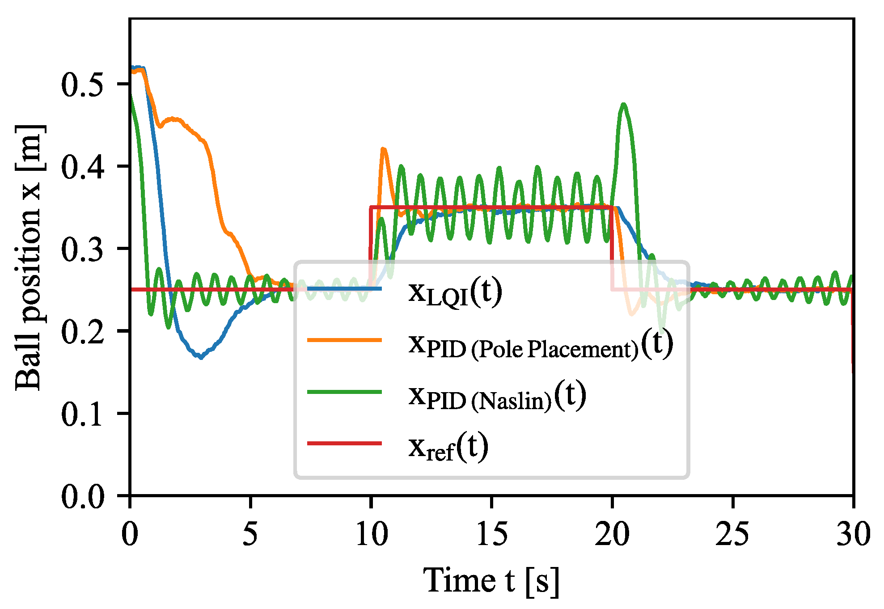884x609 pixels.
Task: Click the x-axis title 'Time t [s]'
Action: (491, 581)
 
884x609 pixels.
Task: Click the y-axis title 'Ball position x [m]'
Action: (30, 258)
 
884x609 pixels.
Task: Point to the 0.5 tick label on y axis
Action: (83, 85)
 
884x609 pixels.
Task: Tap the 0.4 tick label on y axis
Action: (83, 167)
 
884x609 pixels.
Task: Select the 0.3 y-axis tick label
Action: (83, 249)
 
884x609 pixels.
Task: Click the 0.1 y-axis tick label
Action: (83, 414)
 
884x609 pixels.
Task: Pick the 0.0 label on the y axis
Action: (83, 496)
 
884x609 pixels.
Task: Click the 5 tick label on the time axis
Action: (250, 533)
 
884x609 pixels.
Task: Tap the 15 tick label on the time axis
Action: (491, 533)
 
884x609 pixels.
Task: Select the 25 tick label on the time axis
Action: (732, 533)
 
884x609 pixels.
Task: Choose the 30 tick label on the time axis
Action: (853, 533)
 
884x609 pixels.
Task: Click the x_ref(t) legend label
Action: (448, 448)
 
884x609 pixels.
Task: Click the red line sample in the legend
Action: (344, 444)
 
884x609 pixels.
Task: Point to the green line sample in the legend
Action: (344, 392)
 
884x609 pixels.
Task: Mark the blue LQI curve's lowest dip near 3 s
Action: (201, 357)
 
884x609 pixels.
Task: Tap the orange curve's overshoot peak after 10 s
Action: (383, 149)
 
